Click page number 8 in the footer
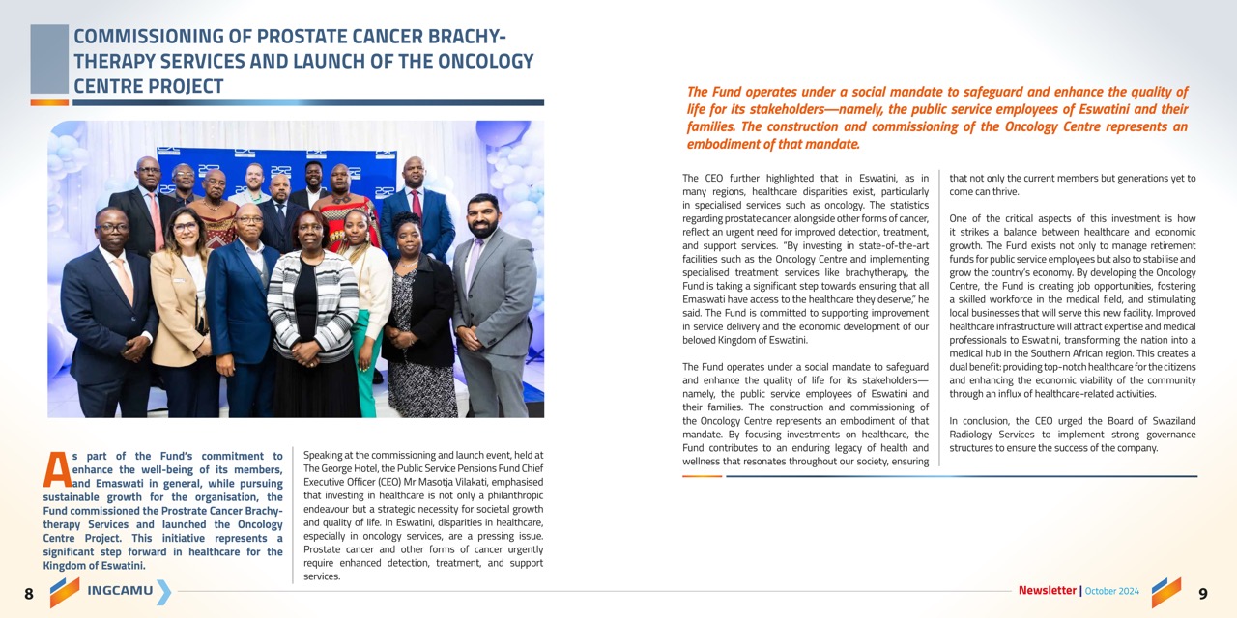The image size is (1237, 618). click(28, 594)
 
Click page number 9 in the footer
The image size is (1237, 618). click(1202, 593)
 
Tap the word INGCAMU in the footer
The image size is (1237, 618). click(120, 591)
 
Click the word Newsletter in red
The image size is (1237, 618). click(1047, 590)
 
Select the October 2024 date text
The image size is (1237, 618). click(1111, 591)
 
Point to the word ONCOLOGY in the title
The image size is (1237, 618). click(487, 62)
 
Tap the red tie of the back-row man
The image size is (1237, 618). click(417, 206)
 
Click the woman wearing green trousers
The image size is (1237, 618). click(365, 309)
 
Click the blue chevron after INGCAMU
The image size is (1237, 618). click(163, 591)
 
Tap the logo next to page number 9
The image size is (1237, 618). click(1166, 592)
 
